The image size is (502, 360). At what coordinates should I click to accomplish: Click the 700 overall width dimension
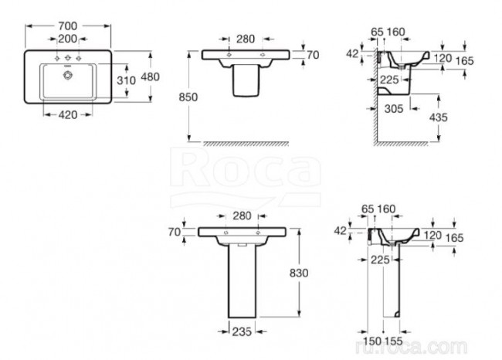pos(71,25)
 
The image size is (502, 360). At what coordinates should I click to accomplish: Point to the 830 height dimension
pos(310,272)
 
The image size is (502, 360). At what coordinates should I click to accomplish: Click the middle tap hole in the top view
pos(70,59)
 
